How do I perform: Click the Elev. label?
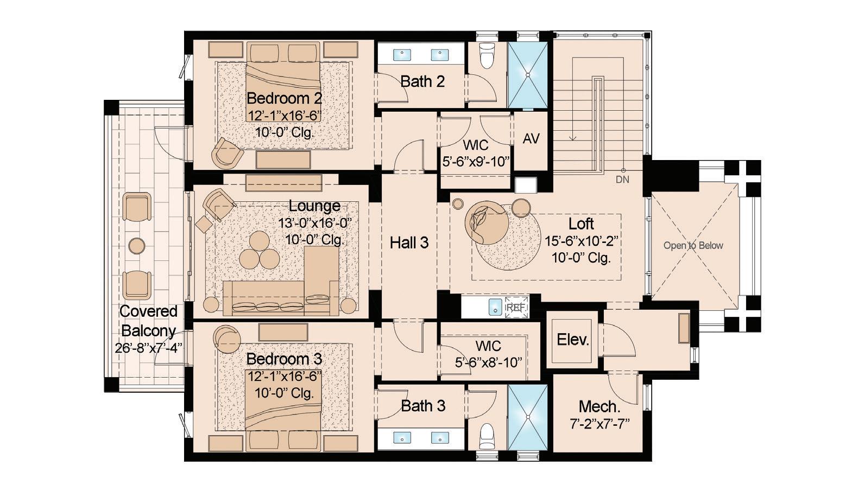point(573,340)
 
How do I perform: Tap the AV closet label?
point(531,139)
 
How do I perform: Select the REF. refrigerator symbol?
point(516,308)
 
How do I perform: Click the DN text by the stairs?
point(622,180)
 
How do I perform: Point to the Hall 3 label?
point(409,242)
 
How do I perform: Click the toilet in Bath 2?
point(487,55)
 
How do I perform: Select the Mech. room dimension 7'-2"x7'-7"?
point(600,424)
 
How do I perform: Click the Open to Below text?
point(693,246)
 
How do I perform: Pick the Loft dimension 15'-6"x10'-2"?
point(582,241)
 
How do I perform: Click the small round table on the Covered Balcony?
point(137,246)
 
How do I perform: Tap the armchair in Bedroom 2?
point(228,153)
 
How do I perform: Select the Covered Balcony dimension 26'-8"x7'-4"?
point(148,348)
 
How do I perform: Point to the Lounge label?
point(314,206)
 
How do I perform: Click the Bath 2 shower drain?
point(528,75)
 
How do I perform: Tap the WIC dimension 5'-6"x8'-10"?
point(488,362)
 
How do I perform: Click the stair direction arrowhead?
point(573,138)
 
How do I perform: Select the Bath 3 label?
point(423,406)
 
